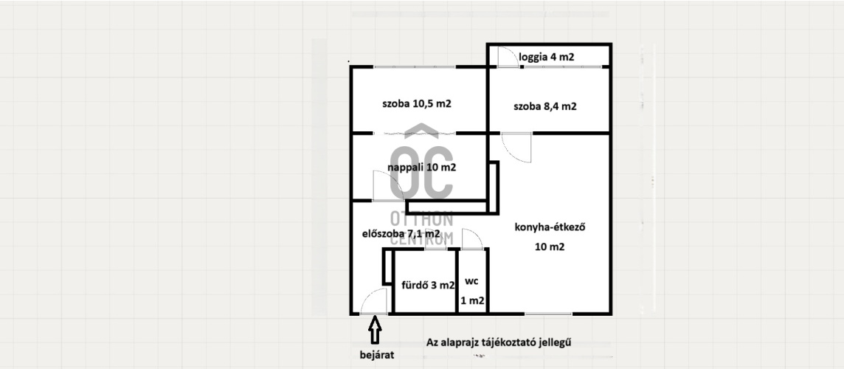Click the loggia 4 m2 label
point(546,58)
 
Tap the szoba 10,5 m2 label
point(417,104)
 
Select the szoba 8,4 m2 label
point(544,106)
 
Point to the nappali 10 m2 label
point(422,167)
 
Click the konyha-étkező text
point(550,227)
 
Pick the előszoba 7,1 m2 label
point(401,234)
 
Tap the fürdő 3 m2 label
point(429,286)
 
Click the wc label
point(473,281)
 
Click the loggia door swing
point(508,57)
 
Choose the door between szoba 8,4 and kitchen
point(516,148)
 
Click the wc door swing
point(472,239)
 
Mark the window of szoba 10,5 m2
point(415,67)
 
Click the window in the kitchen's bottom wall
point(548,314)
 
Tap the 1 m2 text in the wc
point(473,301)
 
